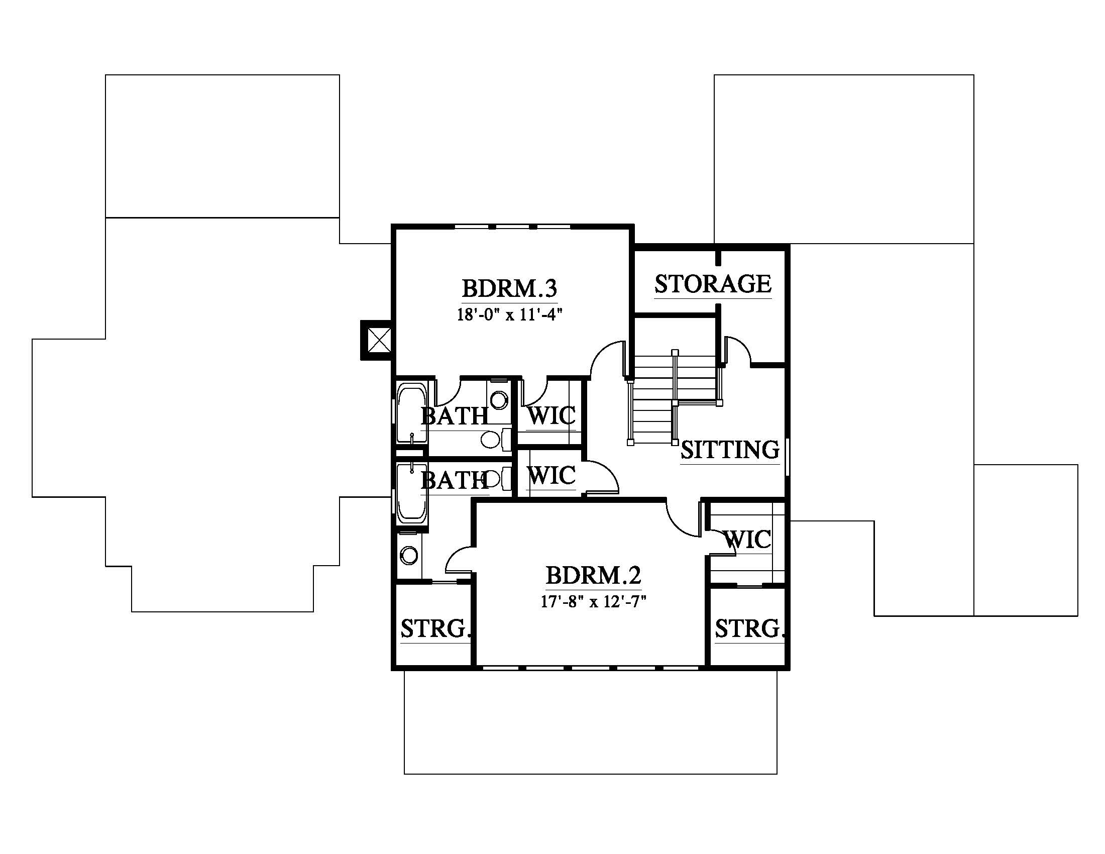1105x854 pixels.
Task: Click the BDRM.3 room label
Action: click(x=509, y=288)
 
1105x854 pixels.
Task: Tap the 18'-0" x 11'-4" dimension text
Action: click(x=509, y=315)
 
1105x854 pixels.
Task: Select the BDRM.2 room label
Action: click(x=594, y=575)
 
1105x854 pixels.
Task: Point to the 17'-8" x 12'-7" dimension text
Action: click(x=594, y=602)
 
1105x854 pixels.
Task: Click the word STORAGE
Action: click(x=713, y=284)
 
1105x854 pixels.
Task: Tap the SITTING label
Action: click(x=730, y=450)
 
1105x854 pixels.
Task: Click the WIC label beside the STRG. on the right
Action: click(x=748, y=540)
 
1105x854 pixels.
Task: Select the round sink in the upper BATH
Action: click(x=499, y=401)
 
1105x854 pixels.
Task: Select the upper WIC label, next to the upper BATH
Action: click(x=551, y=416)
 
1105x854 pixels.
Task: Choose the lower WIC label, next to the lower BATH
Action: click(x=551, y=476)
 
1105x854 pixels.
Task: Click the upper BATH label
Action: click(x=455, y=416)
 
